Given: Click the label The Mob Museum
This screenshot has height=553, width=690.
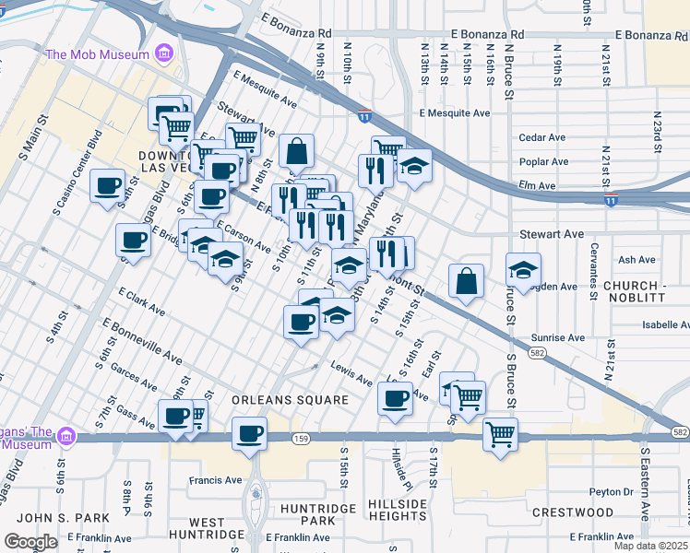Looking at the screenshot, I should (97, 54).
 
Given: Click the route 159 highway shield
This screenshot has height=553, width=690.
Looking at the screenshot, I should (300, 437).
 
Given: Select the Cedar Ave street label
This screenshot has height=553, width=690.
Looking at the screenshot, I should (542, 137).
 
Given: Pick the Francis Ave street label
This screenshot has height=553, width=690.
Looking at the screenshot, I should (215, 480).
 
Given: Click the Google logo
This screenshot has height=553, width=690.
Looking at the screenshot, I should (30, 542).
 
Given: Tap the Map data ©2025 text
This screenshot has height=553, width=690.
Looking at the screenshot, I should (650, 546).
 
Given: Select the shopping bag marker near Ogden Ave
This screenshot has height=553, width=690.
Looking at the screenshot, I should (467, 281).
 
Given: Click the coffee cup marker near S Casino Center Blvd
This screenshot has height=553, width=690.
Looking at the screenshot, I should (108, 185).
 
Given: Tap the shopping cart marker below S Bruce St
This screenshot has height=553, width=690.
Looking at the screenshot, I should (500, 433).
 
